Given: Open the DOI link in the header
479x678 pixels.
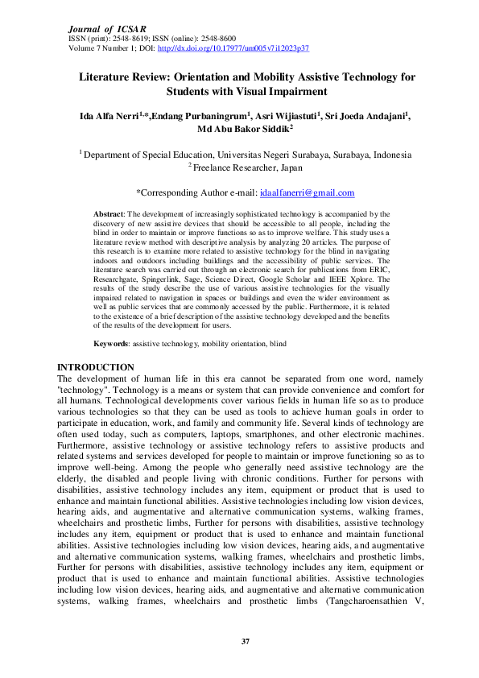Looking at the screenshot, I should click(x=234, y=48).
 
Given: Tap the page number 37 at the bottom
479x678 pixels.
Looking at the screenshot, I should click(x=246, y=642).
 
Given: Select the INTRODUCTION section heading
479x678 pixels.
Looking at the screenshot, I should click(x=97, y=368).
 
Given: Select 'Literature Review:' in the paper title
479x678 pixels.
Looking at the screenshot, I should click(x=118, y=77).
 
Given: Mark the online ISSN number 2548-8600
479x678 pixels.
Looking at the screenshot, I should click(x=217, y=39).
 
